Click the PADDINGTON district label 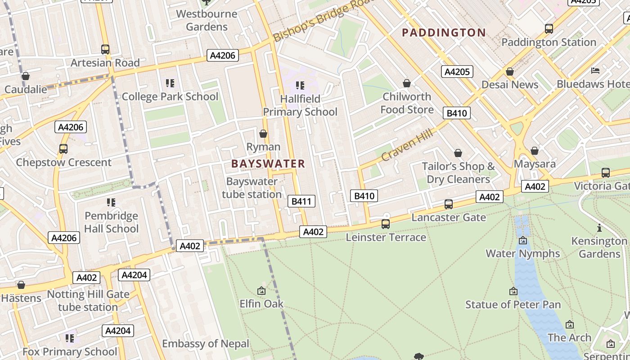pos(444,32)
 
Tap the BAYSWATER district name pos(268,164)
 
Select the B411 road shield pos(301,201)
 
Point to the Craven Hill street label pos(407,145)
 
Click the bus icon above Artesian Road pos(105,49)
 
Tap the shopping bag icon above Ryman pos(263,134)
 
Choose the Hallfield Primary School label pos(300,105)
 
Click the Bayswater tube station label pos(252,188)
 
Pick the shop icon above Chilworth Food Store pos(407,83)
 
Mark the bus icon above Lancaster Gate pos(449,204)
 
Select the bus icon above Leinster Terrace pos(386,224)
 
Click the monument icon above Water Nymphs pos(522,240)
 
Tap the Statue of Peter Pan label pos(513,305)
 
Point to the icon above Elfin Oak pos(261,291)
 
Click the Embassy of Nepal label pos(205,344)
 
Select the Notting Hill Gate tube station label pos(88,301)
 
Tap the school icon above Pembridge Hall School pos(111,202)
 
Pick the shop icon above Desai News pos(510,72)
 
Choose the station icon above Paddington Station pos(549,29)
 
